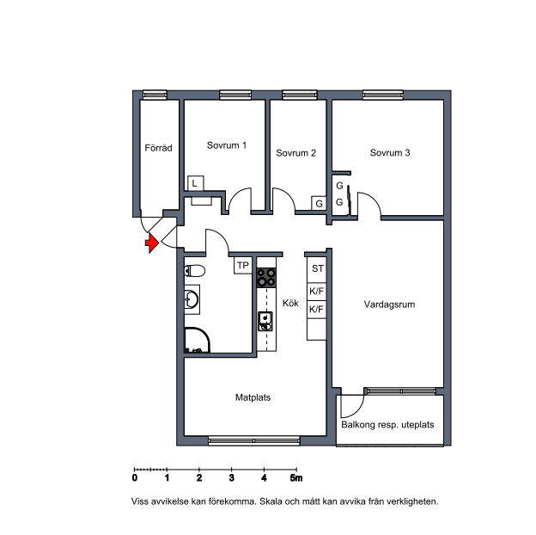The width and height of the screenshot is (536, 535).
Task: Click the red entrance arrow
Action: [152, 243]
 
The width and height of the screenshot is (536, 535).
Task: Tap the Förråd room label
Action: [158, 148]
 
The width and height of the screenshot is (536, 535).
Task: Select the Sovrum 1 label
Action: [227, 145]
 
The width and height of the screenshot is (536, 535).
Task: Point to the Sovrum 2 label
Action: [296, 152]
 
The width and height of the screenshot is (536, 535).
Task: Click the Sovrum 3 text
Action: [390, 152]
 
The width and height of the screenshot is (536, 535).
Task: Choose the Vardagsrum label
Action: [389, 304]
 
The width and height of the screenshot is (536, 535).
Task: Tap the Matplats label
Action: [253, 397]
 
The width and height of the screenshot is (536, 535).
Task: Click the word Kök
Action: [290, 303]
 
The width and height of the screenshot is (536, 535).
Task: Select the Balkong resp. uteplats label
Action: [387, 425]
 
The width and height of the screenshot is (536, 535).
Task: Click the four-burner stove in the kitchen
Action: [266, 277]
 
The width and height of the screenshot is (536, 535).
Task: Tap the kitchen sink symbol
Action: [265, 321]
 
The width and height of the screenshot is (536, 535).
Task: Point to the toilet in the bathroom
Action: [194, 271]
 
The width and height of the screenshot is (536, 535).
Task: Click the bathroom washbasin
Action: [192, 299]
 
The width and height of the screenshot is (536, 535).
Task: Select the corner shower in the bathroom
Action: [197, 341]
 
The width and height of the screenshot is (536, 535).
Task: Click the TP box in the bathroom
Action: [243, 265]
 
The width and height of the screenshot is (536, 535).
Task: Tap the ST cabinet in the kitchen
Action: [317, 269]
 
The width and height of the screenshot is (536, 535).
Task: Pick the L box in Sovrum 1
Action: [196, 183]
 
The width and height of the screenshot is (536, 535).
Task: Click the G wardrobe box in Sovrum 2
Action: [319, 203]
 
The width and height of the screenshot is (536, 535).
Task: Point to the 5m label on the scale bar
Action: [296, 478]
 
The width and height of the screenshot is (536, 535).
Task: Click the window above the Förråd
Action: [155, 95]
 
